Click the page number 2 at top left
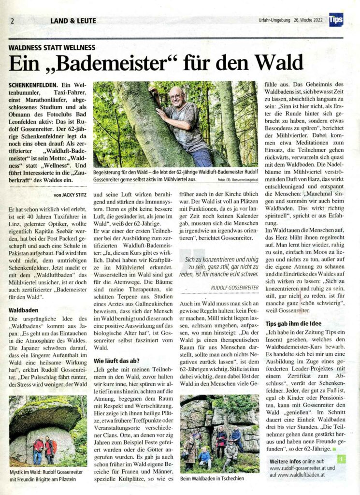[11, 21]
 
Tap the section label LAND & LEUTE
[73, 21]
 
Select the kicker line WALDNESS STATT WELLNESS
[52, 48]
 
